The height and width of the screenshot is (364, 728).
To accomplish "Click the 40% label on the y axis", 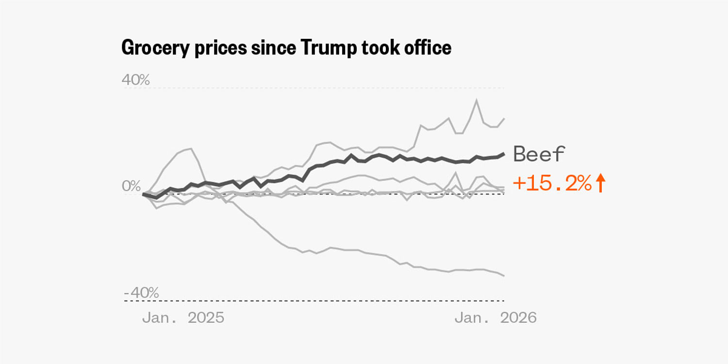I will tap(135, 80).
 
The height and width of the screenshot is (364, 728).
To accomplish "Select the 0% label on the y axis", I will tap(131, 186).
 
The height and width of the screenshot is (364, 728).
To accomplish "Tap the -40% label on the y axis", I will tap(141, 293).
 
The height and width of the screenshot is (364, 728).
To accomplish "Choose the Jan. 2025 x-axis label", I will tap(183, 318).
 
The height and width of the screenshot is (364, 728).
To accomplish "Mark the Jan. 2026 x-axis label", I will tap(496, 318).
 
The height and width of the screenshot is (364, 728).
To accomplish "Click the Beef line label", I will tap(539, 154).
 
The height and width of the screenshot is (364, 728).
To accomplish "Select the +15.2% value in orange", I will tap(552, 183).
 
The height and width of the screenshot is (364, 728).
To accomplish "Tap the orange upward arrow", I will tap(600, 183).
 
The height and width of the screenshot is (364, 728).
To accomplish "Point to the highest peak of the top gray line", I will tap(476, 100).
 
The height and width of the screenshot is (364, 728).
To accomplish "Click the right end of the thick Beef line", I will tap(504, 153).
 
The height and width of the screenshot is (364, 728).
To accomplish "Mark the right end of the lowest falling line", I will tap(504, 276).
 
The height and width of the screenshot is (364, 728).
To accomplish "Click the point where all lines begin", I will tap(144, 194).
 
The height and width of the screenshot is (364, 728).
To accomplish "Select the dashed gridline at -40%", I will tap(315, 301).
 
